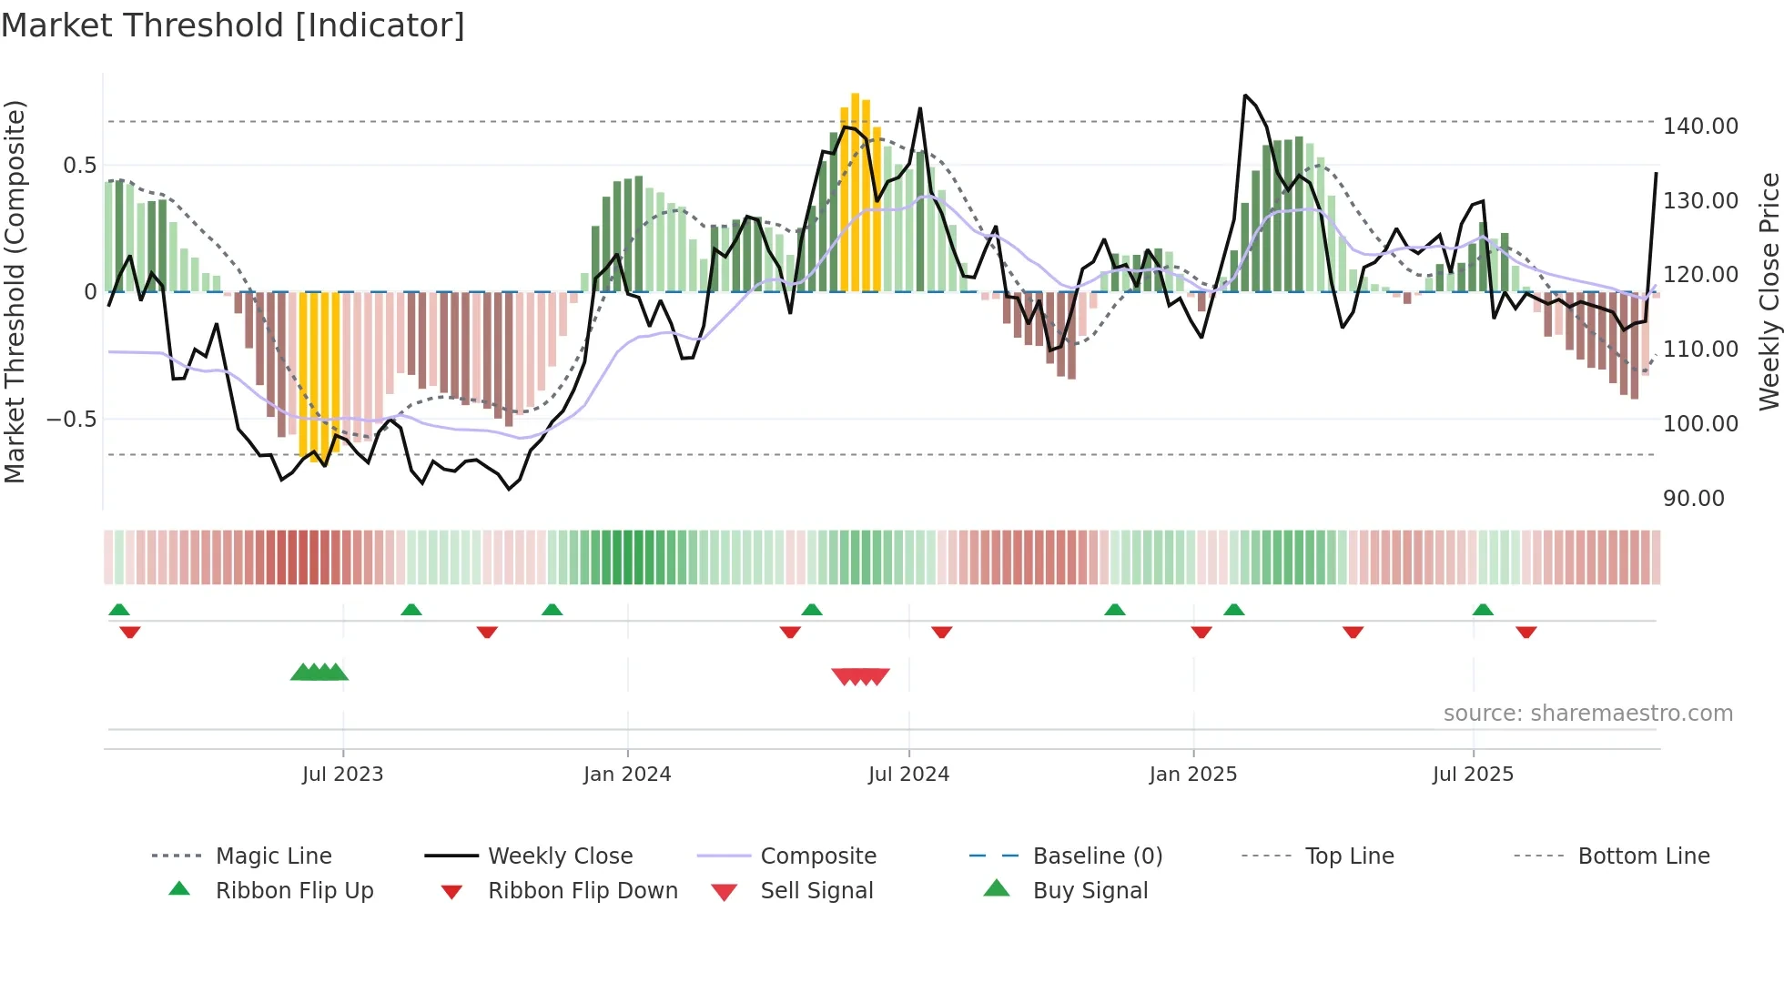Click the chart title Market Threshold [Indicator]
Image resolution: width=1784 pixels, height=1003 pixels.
pyautogui.click(x=233, y=25)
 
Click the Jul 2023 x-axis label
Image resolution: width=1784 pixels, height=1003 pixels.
pyautogui.click(x=343, y=775)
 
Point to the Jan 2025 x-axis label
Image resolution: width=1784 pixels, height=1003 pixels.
pyautogui.click(x=1193, y=775)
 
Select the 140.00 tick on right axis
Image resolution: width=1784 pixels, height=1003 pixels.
pyautogui.click(x=1700, y=127)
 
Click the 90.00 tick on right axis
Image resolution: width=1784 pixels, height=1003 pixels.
pyautogui.click(x=1693, y=499)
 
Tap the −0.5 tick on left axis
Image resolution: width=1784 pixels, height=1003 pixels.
pyautogui.click(x=72, y=420)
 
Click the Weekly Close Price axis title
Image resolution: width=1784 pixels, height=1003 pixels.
pyautogui.click(x=1769, y=291)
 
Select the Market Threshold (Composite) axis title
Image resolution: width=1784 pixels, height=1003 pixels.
pyautogui.click(x=15, y=291)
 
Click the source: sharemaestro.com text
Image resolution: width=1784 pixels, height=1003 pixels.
pyautogui.click(x=1587, y=714)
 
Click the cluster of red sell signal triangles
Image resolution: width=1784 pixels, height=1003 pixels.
pyautogui.click(x=860, y=676)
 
